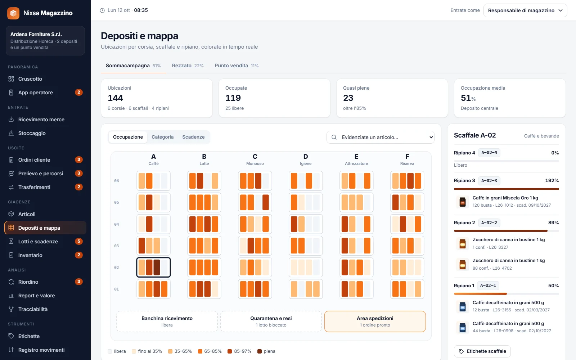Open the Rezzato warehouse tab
188,66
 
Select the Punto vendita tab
237,66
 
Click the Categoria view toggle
162,137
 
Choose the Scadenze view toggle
193,137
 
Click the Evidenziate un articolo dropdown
380,137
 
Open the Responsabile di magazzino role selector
525,10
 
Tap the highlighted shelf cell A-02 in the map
153,267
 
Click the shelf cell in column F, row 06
407,181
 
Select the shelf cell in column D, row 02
306,267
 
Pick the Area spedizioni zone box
375,321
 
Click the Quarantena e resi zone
271,321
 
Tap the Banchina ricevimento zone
167,321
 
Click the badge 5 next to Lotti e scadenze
79,241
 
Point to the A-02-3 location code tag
489,180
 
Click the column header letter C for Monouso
255,156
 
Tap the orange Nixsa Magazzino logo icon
13,13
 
